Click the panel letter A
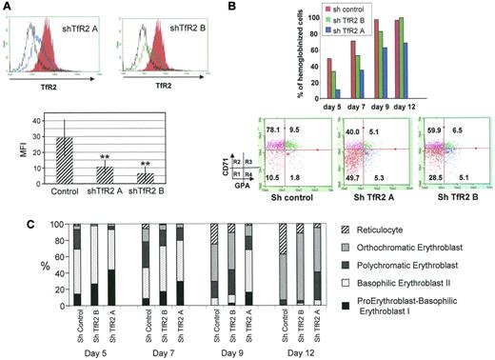coord(8,8)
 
